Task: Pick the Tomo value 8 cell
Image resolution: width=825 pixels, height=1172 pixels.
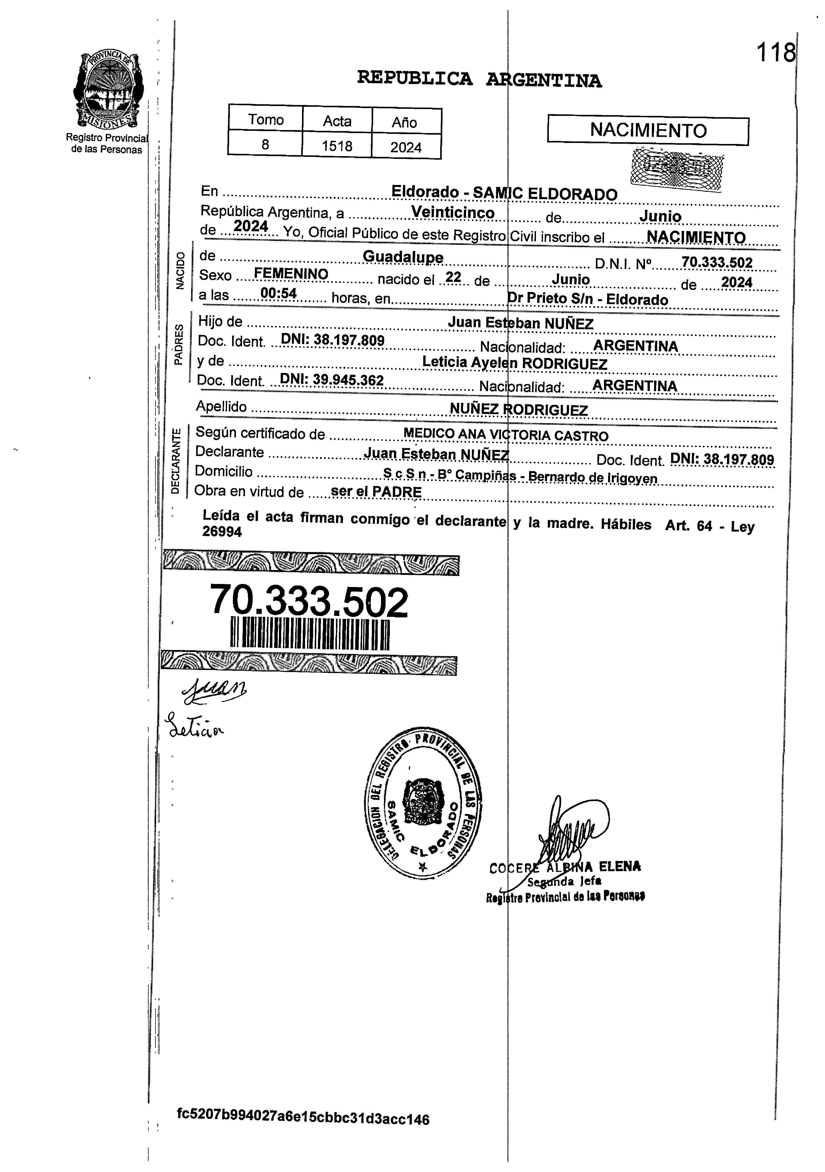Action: pos(265,144)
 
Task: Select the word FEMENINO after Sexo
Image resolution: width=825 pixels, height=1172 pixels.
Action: pos(291,274)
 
